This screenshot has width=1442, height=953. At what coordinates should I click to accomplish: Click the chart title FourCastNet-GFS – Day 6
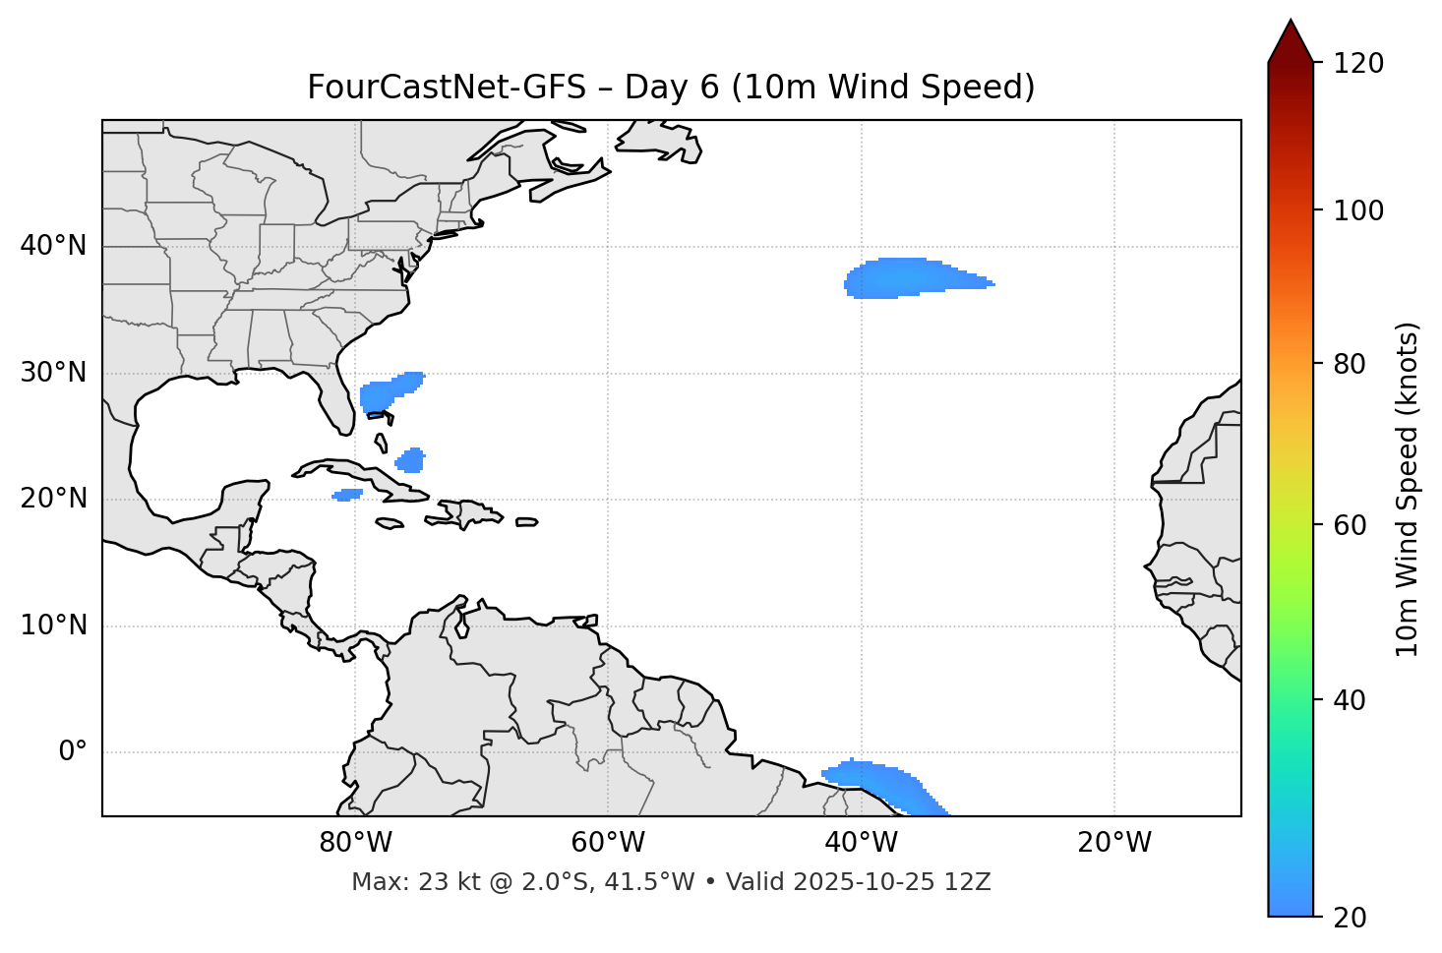pos(671,88)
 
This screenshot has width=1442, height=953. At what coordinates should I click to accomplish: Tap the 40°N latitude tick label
pos(53,246)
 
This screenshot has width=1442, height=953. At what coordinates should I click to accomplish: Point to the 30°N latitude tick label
pos(53,373)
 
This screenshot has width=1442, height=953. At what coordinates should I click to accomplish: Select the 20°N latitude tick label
pos(53,499)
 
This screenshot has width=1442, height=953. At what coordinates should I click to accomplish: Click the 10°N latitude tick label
pos(53,625)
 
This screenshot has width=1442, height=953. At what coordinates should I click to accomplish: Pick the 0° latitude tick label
pos(73,752)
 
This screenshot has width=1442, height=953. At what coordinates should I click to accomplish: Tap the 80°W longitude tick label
pos(355,843)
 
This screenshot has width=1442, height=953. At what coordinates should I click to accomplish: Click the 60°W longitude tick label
pos(608,843)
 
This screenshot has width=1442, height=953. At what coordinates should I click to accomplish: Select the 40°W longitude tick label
pos(862,843)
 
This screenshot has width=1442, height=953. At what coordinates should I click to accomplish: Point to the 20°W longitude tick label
pos(1114,843)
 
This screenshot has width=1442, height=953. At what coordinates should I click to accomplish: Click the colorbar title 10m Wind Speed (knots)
pos(1408,489)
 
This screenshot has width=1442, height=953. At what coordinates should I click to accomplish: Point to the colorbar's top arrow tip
pos(1291,21)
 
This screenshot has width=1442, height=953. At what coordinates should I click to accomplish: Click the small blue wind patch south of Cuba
pos(347,495)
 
